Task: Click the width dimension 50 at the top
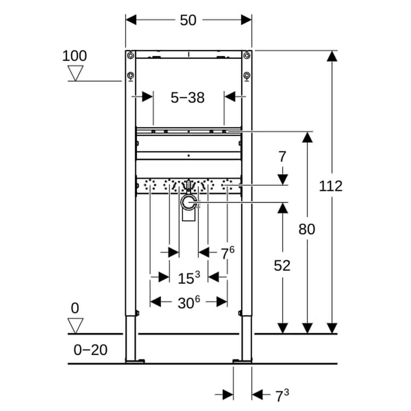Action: pyautogui.click(x=188, y=20)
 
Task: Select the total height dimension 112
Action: pyautogui.click(x=331, y=186)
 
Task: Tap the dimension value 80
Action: pyautogui.click(x=307, y=229)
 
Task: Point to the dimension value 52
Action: pyautogui.click(x=282, y=265)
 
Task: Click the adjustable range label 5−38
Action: pyautogui.click(x=188, y=98)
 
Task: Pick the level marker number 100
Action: pyautogui.click(x=74, y=55)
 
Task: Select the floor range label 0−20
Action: pyautogui.click(x=90, y=350)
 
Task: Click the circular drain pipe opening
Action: pyautogui.click(x=188, y=203)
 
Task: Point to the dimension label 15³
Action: pyautogui.click(x=188, y=277)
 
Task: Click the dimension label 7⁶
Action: pyautogui.click(x=227, y=253)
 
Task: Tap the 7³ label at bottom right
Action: pyautogui.click(x=282, y=395)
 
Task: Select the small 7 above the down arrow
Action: pyautogui.click(x=282, y=157)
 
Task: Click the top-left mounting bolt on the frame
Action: pyautogui.click(x=130, y=55)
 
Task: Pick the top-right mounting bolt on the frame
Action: pyautogui.click(x=247, y=55)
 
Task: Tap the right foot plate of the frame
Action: pyautogui.click(x=242, y=361)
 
